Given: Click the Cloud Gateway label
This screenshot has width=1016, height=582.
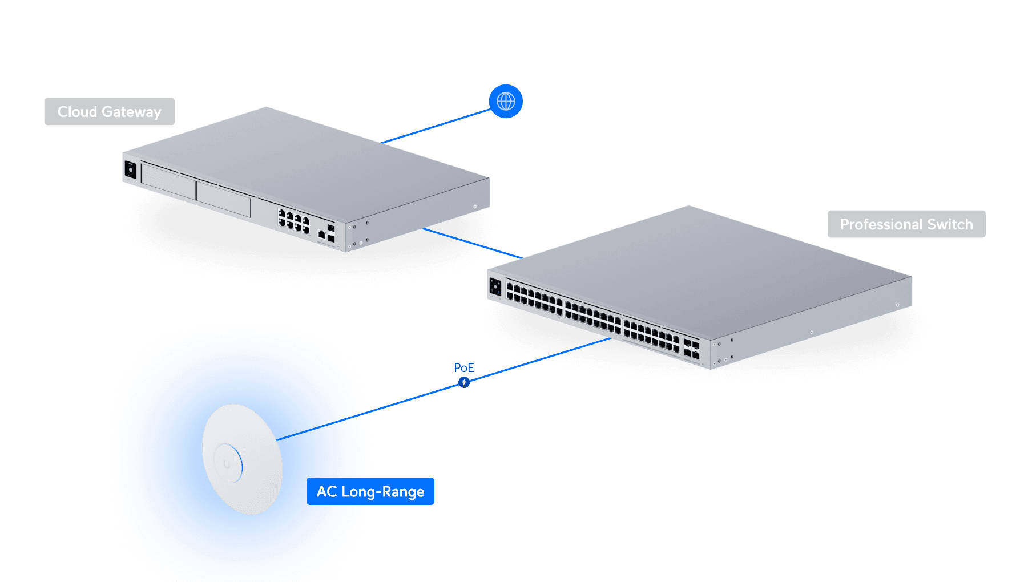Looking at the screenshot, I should pyautogui.click(x=110, y=112).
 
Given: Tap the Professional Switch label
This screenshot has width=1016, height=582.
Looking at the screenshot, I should pyautogui.click(x=906, y=224).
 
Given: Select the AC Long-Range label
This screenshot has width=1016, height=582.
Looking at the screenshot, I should pyautogui.click(x=370, y=491).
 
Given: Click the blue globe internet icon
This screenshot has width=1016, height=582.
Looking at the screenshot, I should pyautogui.click(x=506, y=102).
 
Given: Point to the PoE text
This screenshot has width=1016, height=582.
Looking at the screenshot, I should pyautogui.click(x=464, y=367).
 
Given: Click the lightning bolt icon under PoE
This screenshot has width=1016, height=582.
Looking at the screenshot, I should pyautogui.click(x=464, y=382).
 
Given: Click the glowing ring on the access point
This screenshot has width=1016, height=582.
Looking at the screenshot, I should pyautogui.click(x=228, y=463).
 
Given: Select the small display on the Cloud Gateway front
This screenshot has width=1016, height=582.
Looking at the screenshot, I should pyautogui.click(x=131, y=170).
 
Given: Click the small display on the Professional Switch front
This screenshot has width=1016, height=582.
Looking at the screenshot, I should pyautogui.click(x=495, y=287).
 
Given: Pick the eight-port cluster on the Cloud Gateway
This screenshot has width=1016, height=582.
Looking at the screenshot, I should pyautogui.click(x=293, y=220).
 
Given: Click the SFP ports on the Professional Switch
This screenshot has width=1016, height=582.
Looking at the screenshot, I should pyautogui.click(x=691, y=350).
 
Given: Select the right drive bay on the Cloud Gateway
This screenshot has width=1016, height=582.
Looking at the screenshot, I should pyautogui.click(x=223, y=198).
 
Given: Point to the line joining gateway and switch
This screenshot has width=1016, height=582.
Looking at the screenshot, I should pyautogui.click(x=472, y=243).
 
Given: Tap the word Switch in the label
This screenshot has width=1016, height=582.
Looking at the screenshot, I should pyautogui.click(x=950, y=224).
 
